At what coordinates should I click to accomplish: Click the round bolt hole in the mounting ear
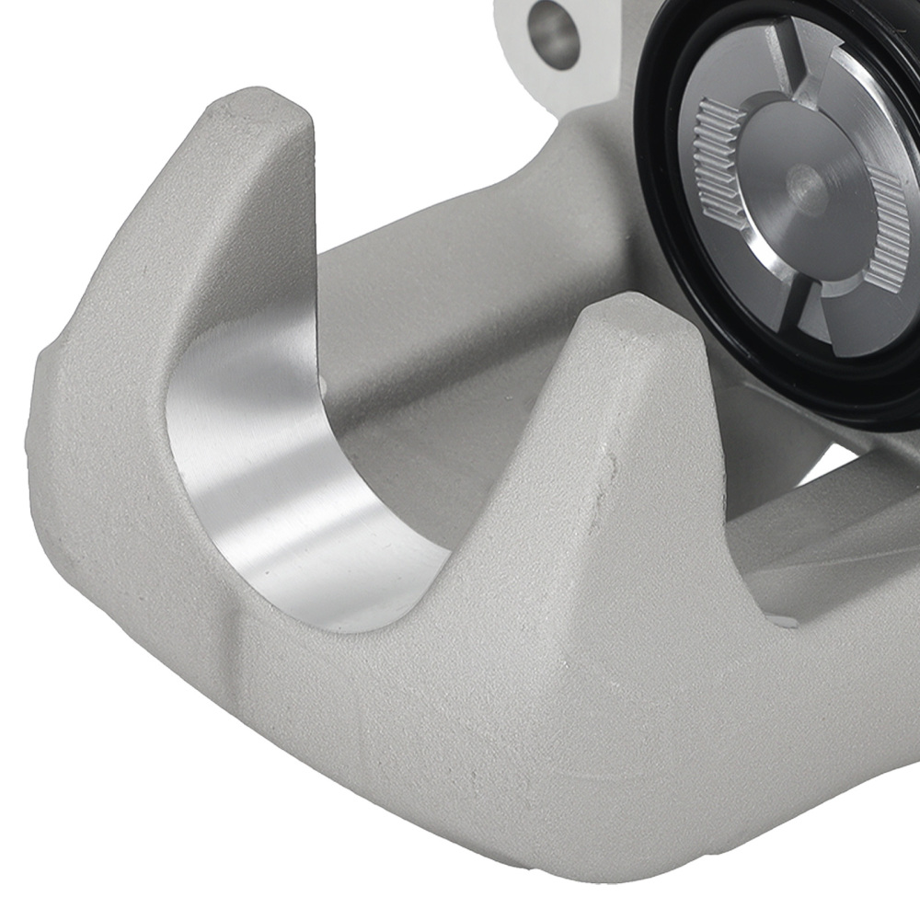[554, 34]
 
